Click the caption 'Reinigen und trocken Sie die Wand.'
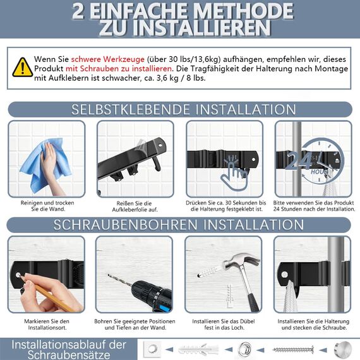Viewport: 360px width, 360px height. tap(46, 205)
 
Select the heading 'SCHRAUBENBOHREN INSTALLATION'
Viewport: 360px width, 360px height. tap(179, 225)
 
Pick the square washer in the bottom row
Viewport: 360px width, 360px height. tap(152, 349)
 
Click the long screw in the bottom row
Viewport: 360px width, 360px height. tap(292, 349)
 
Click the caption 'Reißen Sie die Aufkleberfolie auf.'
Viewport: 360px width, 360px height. tap(135, 205)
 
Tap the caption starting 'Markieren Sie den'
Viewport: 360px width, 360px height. tap(46, 324)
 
